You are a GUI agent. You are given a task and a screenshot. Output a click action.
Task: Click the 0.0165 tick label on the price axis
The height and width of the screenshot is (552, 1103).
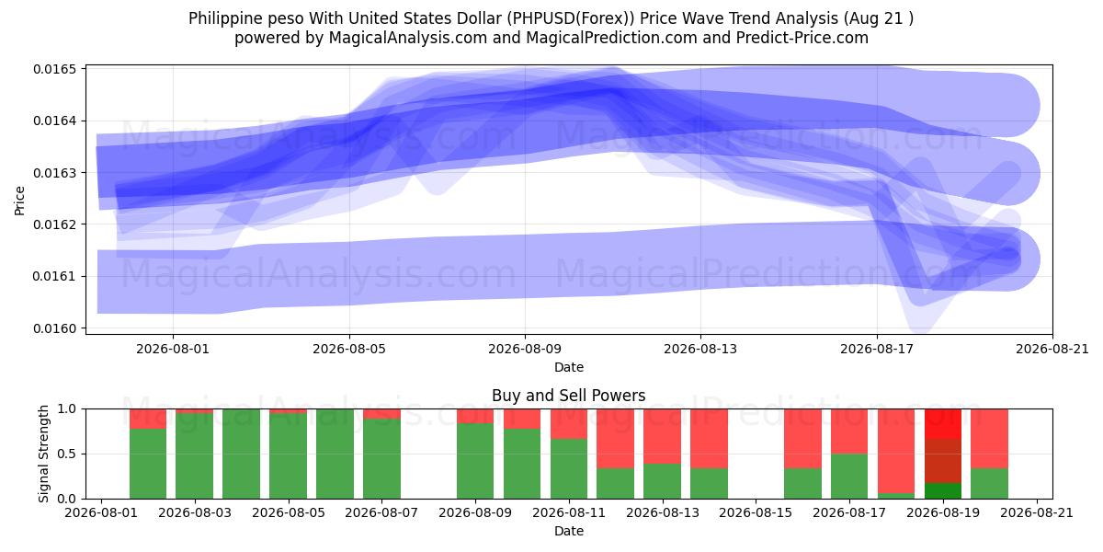click(x=54, y=69)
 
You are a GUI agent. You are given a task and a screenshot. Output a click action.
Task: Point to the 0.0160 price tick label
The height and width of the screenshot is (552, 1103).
click(x=54, y=328)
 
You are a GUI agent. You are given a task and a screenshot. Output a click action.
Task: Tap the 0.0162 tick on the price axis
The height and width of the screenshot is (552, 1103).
click(x=54, y=224)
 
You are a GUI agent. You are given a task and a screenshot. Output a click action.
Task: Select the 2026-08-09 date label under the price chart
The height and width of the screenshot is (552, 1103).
click(x=525, y=349)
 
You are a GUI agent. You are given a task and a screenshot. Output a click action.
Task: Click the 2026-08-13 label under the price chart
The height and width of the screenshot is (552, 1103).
click(x=700, y=349)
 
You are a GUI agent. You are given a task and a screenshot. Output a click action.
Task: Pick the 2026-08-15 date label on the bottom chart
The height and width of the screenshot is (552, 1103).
click(x=756, y=512)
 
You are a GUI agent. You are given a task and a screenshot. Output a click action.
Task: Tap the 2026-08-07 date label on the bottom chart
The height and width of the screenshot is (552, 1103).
click(x=381, y=512)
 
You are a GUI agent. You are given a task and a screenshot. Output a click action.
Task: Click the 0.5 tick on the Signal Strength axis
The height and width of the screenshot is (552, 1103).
click(x=67, y=454)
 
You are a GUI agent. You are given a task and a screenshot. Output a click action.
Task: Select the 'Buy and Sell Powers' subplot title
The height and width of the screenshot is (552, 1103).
click(x=569, y=396)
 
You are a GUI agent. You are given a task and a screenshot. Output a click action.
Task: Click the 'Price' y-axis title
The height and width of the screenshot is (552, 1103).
click(x=19, y=201)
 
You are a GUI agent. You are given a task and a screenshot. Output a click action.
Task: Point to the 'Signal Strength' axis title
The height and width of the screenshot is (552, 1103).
click(x=43, y=454)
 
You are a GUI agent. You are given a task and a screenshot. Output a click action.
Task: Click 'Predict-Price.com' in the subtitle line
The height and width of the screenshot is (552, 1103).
click(x=802, y=38)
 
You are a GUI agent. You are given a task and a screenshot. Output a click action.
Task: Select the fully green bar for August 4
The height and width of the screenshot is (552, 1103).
click(x=241, y=454)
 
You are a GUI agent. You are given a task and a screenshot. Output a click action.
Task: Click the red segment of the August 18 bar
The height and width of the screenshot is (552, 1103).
click(x=896, y=451)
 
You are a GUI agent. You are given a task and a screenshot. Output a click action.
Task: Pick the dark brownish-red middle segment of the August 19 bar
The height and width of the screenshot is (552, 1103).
click(x=943, y=461)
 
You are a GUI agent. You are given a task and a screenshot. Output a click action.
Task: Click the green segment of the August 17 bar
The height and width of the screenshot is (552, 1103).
click(x=849, y=477)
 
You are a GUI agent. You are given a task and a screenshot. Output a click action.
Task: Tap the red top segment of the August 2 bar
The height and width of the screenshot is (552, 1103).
click(x=148, y=419)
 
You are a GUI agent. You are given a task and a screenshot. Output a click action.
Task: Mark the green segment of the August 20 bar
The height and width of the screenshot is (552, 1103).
click(x=989, y=483)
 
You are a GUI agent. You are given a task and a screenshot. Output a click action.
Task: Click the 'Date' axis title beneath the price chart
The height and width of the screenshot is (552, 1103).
click(x=569, y=367)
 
